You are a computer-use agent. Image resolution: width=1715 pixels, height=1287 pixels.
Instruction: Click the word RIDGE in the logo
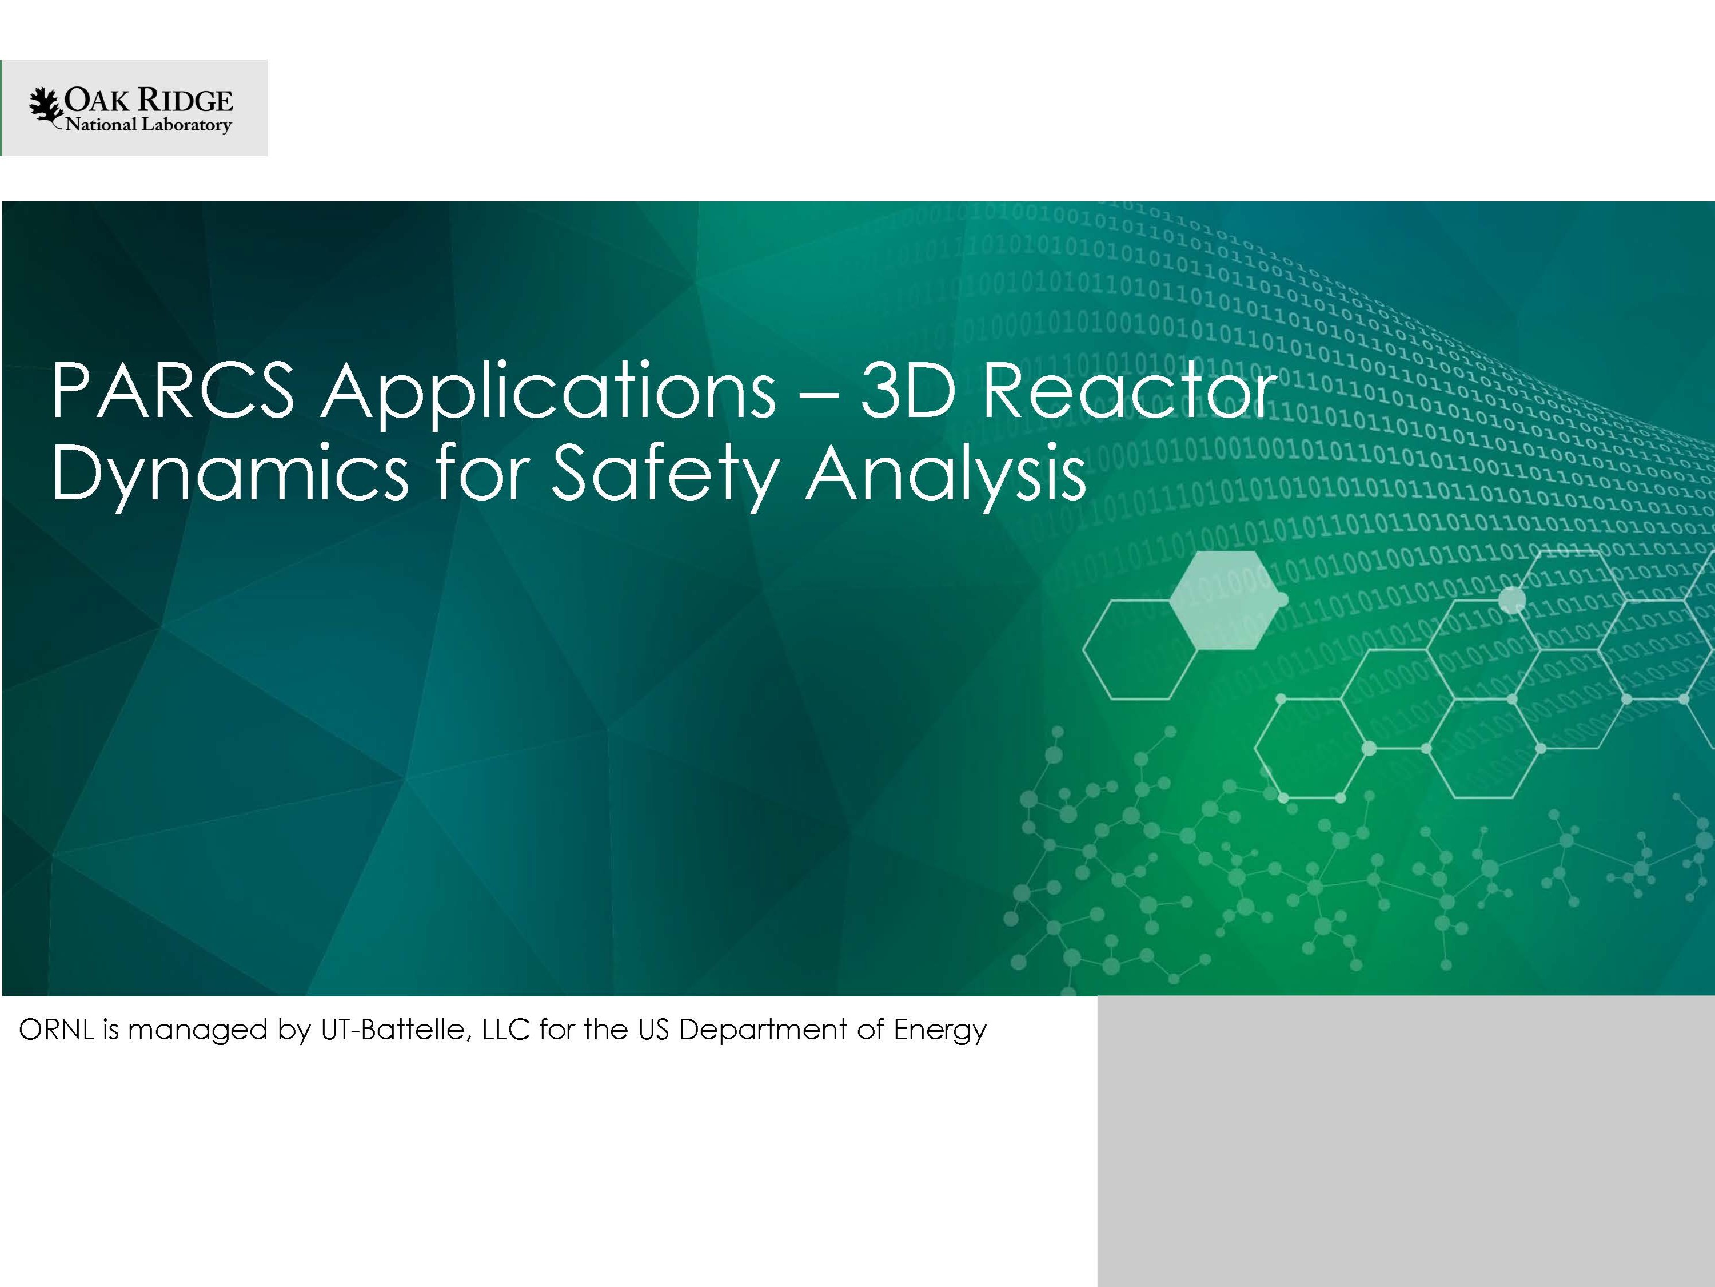185,101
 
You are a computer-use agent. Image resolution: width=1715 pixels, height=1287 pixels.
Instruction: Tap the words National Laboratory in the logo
148,125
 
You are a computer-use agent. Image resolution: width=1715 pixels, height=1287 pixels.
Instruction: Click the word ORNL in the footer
54,1030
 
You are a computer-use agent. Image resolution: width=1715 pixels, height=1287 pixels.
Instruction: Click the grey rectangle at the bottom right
1406,1141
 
